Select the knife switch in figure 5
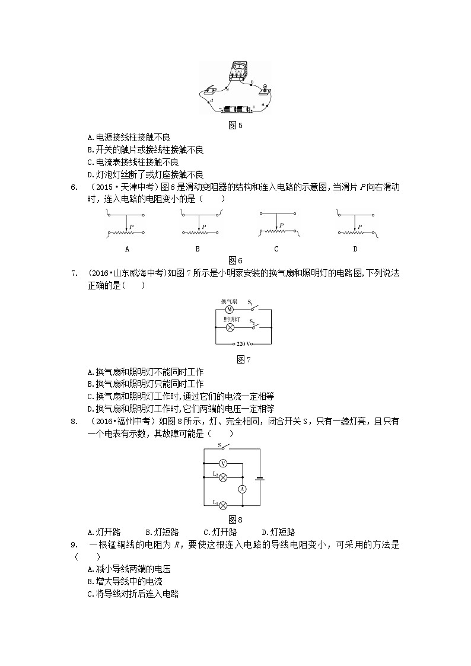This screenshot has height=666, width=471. point(211,91)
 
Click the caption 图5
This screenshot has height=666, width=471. point(235,125)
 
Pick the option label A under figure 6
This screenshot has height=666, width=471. point(127,249)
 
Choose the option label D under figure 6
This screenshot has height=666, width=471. point(355,249)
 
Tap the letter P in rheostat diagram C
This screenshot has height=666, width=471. point(282,225)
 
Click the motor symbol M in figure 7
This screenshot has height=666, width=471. point(229,310)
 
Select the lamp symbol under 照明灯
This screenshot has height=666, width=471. point(229,327)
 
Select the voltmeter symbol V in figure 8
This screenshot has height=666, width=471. point(223,462)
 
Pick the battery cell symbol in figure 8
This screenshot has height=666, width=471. point(259,477)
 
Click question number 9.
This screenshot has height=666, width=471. point(74,545)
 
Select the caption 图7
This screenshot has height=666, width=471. point(243,360)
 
